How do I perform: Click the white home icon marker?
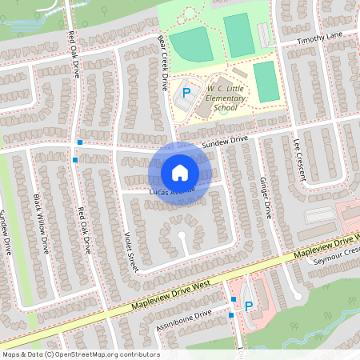pyautogui.click(x=180, y=172)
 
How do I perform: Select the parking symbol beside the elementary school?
pyautogui.click(x=186, y=94)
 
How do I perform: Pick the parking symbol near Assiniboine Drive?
pyautogui.click(x=248, y=306)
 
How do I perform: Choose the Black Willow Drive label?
pyautogui.click(x=42, y=223)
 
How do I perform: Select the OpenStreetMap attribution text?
pyautogui.click(x=81, y=354)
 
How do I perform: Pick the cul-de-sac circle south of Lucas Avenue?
pyautogui.click(x=182, y=236)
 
